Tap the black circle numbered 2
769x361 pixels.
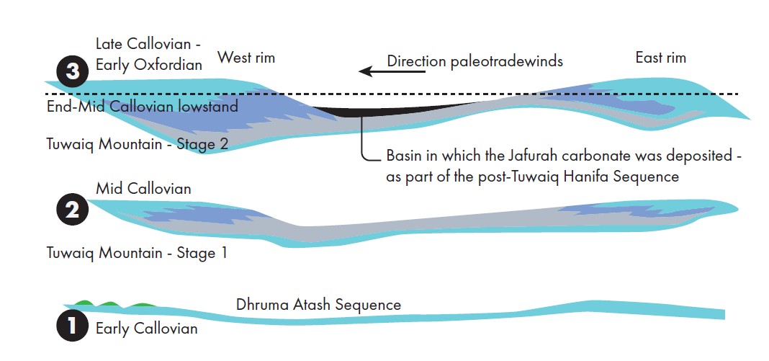tap(73, 209)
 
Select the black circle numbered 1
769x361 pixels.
tap(73, 326)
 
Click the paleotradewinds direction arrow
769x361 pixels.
tap(371, 71)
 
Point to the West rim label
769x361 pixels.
tap(246, 58)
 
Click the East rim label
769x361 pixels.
tap(660, 58)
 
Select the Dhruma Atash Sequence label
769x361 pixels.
tap(318, 305)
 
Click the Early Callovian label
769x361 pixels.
tap(146, 329)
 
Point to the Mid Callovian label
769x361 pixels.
tap(143, 189)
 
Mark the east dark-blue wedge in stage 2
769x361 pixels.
tap(612, 211)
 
